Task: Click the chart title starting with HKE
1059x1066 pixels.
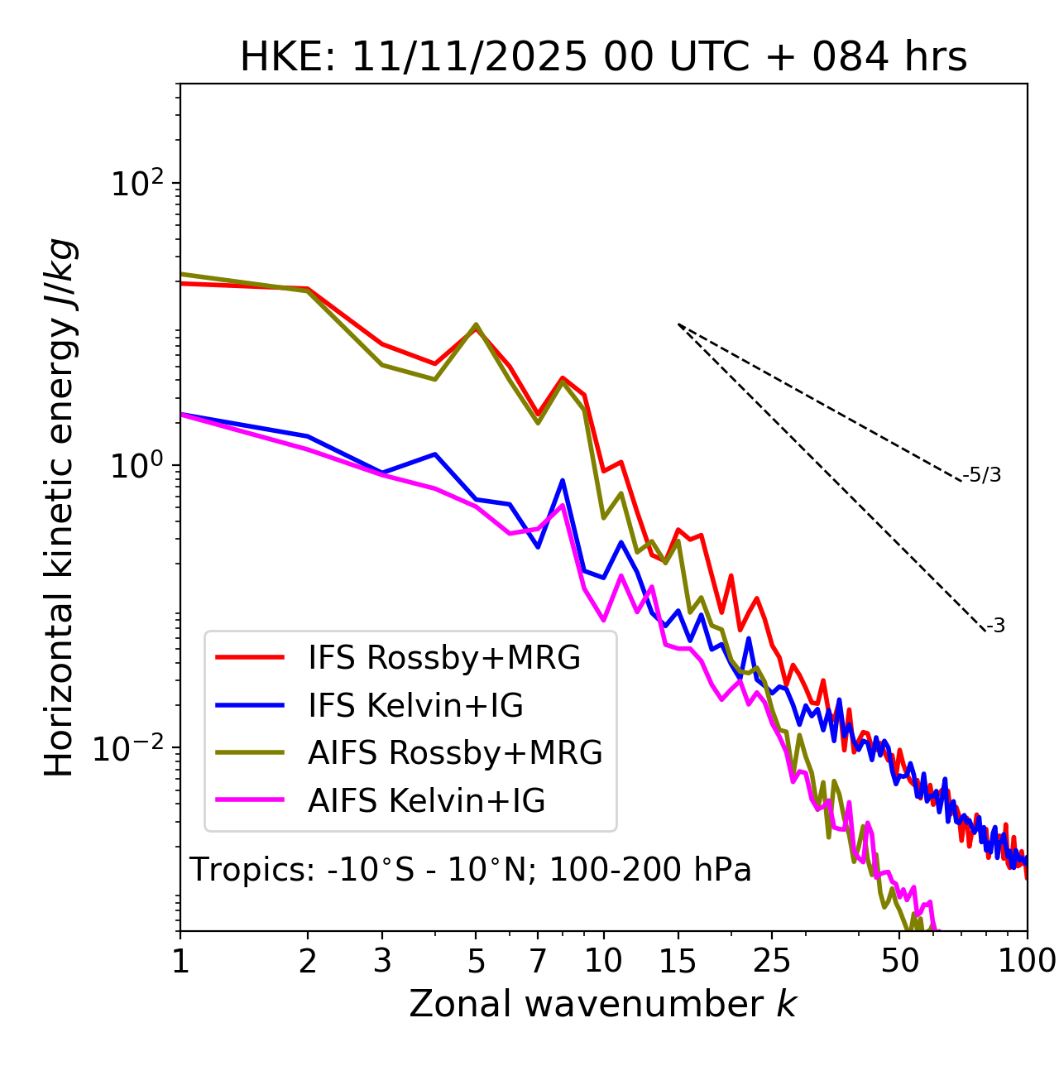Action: click(x=603, y=57)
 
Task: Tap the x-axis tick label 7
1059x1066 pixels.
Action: click(x=538, y=961)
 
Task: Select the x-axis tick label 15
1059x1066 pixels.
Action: click(x=678, y=961)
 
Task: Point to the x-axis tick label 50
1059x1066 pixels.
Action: click(x=899, y=961)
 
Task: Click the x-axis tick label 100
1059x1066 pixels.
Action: click(x=1028, y=961)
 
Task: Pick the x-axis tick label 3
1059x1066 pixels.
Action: click(x=382, y=961)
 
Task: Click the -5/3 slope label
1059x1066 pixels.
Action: click(x=982, y=475)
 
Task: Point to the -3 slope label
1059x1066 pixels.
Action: click(x=995, y=627)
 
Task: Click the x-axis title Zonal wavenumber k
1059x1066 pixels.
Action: click(x=603, y=1004)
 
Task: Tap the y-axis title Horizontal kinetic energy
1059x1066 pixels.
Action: click(x=60, y=508)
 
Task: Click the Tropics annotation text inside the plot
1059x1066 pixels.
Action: click(x=470, y=870)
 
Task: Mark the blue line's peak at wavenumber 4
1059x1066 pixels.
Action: click(x=435, y=454)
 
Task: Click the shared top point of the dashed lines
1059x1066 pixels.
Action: click(x=678, y=324)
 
